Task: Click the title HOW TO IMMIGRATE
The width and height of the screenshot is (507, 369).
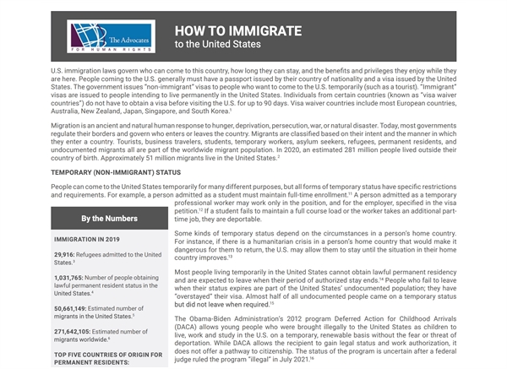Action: pos(238,30)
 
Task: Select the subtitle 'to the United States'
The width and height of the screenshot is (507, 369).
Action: pos(218,44)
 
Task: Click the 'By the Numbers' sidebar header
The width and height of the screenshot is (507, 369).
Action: pos(109,219)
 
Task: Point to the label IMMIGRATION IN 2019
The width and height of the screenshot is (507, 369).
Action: pos(88,240)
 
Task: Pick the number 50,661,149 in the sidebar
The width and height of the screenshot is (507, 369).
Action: pos(75,308)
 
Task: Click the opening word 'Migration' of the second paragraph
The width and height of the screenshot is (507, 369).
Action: pos(68,125)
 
